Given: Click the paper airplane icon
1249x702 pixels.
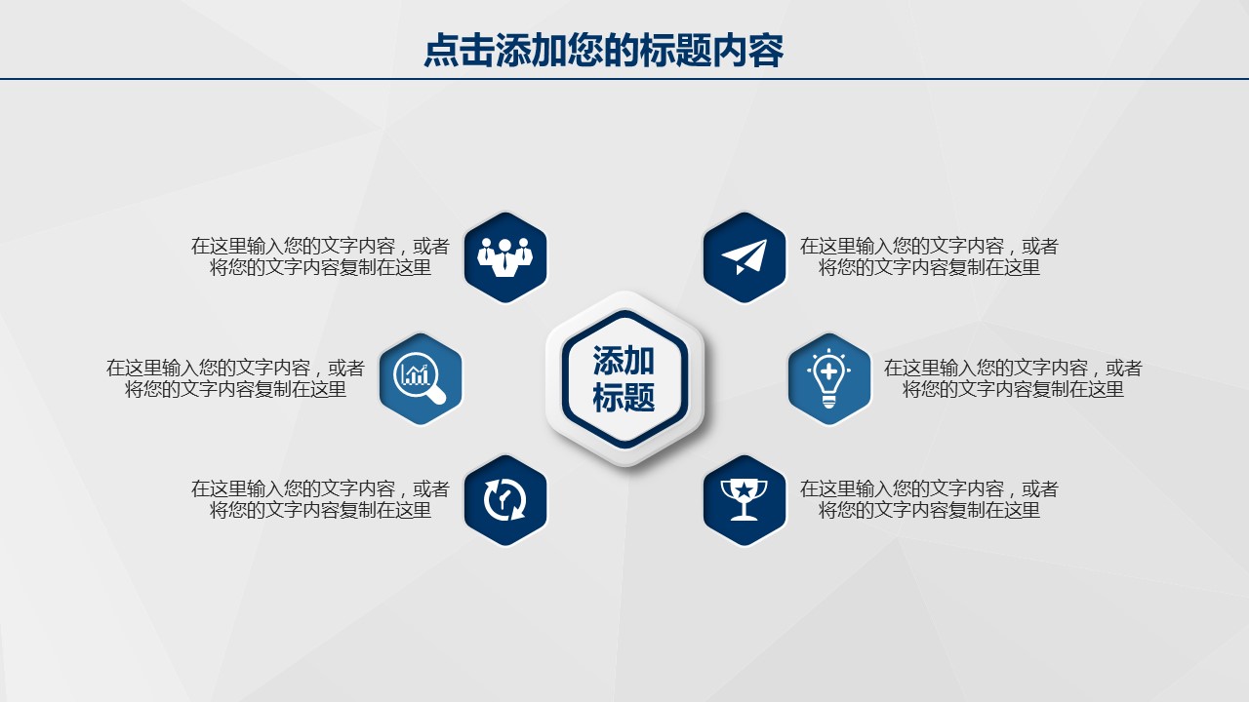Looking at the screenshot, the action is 745,256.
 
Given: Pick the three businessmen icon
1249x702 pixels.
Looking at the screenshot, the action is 505,257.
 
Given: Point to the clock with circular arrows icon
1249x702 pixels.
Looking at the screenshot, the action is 505,500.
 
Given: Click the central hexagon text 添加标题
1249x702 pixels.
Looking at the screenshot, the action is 624,379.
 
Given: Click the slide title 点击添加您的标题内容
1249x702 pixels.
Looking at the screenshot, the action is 604,50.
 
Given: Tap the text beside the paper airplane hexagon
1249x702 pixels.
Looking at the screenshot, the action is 929,256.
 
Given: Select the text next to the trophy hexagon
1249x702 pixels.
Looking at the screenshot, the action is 929,500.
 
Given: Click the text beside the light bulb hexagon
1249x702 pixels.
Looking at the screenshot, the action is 1013,378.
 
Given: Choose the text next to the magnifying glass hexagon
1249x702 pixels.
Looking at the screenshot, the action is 235,378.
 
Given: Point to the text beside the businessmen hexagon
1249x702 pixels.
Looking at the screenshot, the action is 320,256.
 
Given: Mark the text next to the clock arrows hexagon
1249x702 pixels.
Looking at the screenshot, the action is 320,500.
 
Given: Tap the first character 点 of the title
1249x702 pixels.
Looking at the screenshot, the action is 442,50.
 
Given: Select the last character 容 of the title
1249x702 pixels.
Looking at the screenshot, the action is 767,50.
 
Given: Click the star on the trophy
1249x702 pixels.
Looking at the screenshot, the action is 744,490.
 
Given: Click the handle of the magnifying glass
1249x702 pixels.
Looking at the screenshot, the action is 436,395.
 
